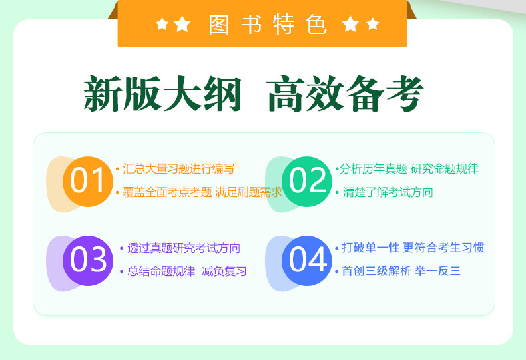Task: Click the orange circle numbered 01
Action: (x=87, y=182)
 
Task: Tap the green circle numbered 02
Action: (x=306, y=182)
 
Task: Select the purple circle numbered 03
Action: (x=87, y=261)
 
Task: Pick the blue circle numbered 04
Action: (x=306, y=261)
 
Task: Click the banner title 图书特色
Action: (x=268, y=24)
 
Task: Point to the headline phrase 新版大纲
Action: (x=162, y=94)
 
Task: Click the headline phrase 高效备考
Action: (x=346, y=94)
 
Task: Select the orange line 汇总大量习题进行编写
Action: (x=178, y=168)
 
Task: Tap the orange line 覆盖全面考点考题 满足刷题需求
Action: (x=202, y=192)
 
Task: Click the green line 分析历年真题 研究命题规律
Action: (x=409, y=168)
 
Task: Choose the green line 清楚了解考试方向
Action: (x=388, y=192)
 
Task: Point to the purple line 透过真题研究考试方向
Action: (x=184, y=248)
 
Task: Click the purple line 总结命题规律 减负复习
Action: (x=187, y=271)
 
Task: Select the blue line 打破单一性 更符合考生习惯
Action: (x=413, y=248)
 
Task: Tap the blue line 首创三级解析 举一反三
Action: (x=401, y=271)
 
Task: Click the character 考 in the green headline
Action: (x=405, y=94)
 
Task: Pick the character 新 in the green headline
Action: (x=103, y=94)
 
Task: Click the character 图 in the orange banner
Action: (x=218, y=24)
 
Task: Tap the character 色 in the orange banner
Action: (x=316, y=24)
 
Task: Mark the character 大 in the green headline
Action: (x=182, y=94)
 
